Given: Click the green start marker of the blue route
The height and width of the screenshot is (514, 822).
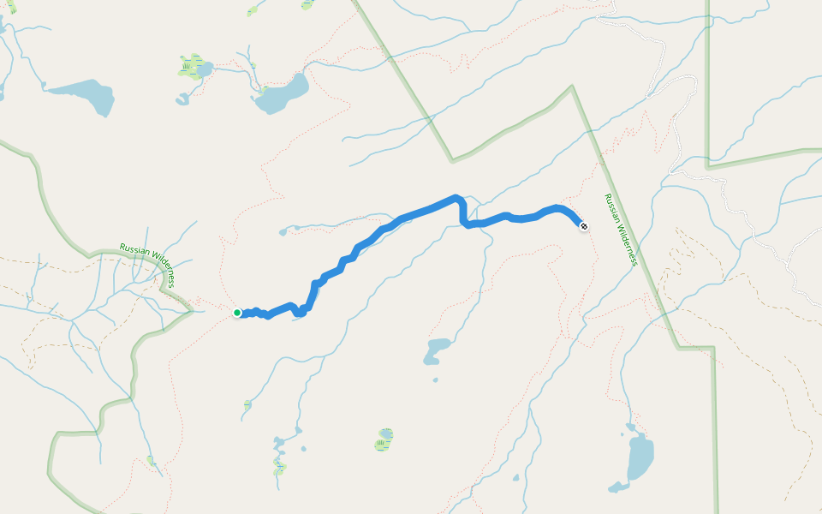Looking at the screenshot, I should click(x=237, y=313).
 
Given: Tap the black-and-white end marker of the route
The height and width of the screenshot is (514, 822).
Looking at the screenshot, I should click(x=584, y=226).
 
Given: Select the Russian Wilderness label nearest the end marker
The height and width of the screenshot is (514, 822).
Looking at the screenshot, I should click(x=621, y=230).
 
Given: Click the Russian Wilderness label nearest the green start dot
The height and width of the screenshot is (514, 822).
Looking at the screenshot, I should click(x=148, y=264).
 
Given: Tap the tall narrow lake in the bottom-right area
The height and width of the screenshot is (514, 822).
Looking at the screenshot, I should click(x=640, y=456).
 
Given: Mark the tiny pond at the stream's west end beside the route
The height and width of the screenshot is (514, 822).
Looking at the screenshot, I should click(x=283, y=230).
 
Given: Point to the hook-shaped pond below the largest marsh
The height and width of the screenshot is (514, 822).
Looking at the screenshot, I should click(x=182, y=99).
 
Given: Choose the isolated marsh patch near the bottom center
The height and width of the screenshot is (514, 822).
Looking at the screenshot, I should click(x=384, y=440).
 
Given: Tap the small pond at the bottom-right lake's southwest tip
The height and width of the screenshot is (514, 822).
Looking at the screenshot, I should click(x=616, y=487).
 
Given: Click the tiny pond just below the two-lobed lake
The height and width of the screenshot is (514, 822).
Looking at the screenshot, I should click(x=436, y=380).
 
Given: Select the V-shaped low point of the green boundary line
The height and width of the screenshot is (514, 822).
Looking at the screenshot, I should click(x=452, y=160).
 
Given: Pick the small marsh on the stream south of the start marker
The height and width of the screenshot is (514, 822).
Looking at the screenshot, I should click(x=247, y=403).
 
